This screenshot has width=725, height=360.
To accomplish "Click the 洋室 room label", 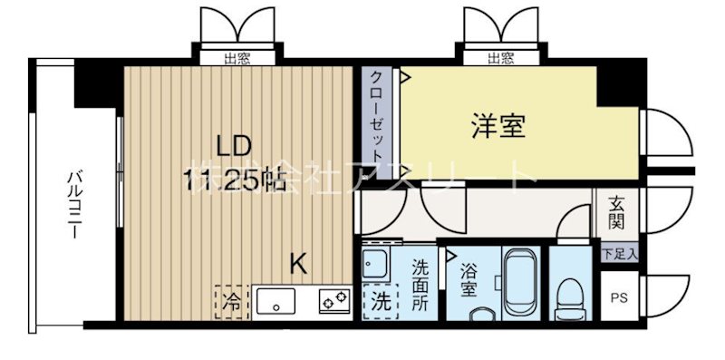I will click(498, 127).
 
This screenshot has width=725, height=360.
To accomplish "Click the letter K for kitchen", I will click(297, 263).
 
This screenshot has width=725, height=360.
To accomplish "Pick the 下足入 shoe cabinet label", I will click(619, 255).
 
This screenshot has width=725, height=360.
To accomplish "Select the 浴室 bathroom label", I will click(469, 278).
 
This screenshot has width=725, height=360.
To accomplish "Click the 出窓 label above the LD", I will click(238, 59).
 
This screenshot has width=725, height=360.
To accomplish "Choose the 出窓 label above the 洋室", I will click(501, 59).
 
